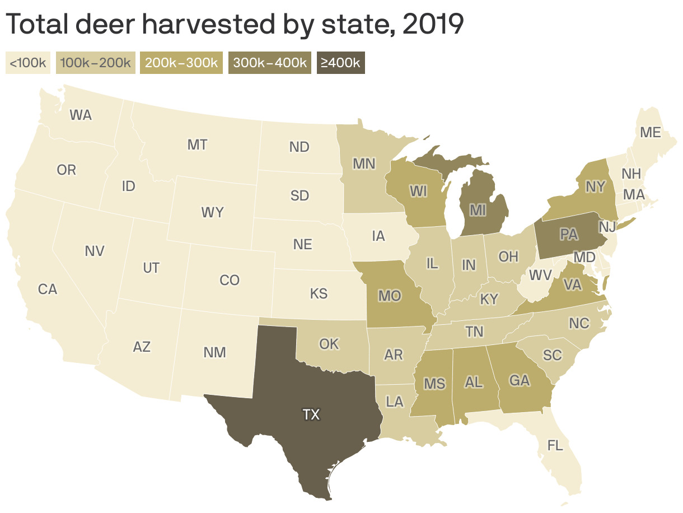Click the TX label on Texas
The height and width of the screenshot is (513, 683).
point(311,415)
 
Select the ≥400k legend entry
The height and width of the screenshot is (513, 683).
point(340,62)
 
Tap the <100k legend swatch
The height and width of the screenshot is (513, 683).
point(28,62)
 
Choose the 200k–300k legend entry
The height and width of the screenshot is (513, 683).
point(181,62)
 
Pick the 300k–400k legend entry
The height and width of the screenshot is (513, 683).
point(269,62)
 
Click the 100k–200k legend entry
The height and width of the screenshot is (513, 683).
point(95,62)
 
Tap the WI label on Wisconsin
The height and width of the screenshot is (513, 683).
point(418,191)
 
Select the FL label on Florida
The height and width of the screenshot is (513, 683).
point(555,446)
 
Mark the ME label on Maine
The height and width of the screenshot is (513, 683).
point(651,133)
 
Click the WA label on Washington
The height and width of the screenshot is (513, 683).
point(81,115)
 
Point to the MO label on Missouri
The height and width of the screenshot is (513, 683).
point(389,295)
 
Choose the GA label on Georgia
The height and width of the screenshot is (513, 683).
point(519,381)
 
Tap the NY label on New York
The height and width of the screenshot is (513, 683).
point(595,186)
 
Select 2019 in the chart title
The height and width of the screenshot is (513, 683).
point(432,25)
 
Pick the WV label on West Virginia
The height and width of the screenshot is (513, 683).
point(540,276)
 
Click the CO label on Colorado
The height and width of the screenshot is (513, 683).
point(230,280)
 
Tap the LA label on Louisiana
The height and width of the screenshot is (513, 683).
point(395,402)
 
